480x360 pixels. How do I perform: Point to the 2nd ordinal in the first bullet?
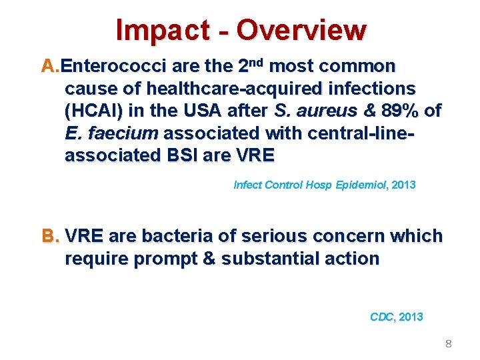252,65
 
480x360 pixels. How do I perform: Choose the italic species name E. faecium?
111,133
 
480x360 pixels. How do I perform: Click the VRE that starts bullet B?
85,237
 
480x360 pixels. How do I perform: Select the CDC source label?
383,317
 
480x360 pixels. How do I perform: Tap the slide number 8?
448,344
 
